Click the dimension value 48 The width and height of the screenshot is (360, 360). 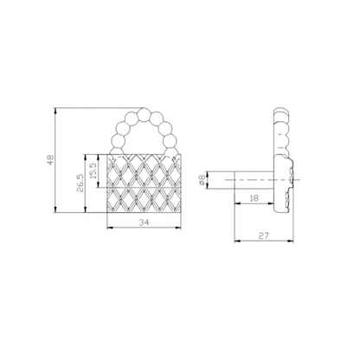[x=51, y=160]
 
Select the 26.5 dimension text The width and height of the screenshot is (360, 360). [x=80, y=183]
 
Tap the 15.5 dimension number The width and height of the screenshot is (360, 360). [x=93, y=171]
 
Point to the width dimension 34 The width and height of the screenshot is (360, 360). [x=144, y=222]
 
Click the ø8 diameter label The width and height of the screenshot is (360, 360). [x=202, y=180]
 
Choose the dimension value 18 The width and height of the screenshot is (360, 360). [x=254, y=198]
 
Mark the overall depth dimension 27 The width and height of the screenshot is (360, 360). [x=263, y=236]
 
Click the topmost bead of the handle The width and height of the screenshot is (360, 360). [x=143, y=114]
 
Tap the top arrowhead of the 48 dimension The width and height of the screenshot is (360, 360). [x=55, y=110]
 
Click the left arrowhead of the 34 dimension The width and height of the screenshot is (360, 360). [x=109, y=228]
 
